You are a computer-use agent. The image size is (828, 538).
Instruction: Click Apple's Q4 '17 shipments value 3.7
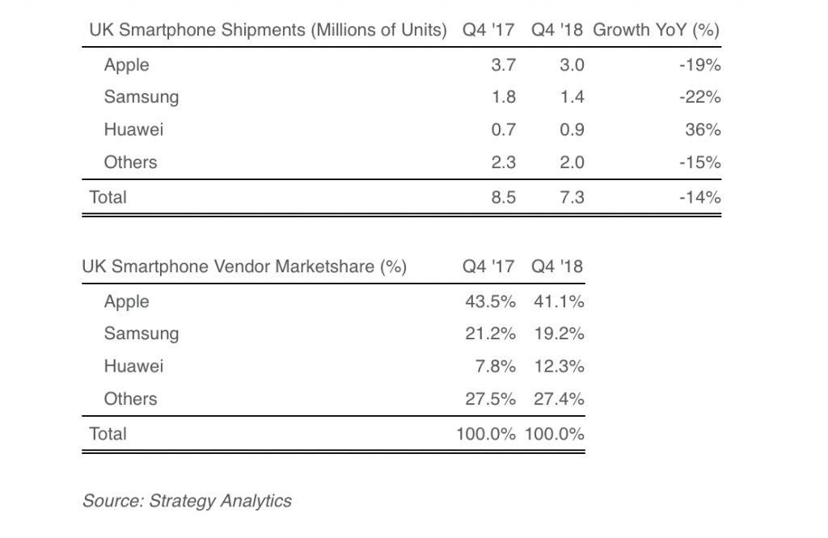502,65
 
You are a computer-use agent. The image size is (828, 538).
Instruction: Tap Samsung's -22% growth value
700,98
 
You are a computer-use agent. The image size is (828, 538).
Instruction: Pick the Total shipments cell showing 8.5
502,196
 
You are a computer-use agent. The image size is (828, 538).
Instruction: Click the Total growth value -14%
700,196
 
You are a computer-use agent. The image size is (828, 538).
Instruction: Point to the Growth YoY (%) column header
657,30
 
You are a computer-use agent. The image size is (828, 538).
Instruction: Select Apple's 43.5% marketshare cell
489,301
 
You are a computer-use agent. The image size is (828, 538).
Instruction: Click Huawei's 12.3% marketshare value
559,366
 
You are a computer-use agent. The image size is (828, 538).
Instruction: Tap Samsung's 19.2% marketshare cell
559,334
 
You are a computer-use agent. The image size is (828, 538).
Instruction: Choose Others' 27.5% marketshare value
489,398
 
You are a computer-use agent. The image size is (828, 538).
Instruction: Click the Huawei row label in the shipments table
133,130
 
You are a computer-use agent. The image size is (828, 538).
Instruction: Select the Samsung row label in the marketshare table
142,334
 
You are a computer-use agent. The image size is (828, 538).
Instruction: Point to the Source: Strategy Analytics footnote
187,501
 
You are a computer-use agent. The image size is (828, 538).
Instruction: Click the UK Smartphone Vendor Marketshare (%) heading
244,267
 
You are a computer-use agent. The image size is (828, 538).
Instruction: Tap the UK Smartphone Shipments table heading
267,30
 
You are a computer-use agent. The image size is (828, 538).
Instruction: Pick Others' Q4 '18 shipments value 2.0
571,162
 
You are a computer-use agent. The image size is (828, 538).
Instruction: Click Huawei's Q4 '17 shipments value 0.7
502,130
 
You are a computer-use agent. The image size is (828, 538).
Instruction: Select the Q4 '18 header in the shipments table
558,30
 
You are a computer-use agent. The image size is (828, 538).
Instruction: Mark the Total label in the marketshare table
108,433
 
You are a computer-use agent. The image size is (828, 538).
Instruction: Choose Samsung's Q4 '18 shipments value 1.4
571,98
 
